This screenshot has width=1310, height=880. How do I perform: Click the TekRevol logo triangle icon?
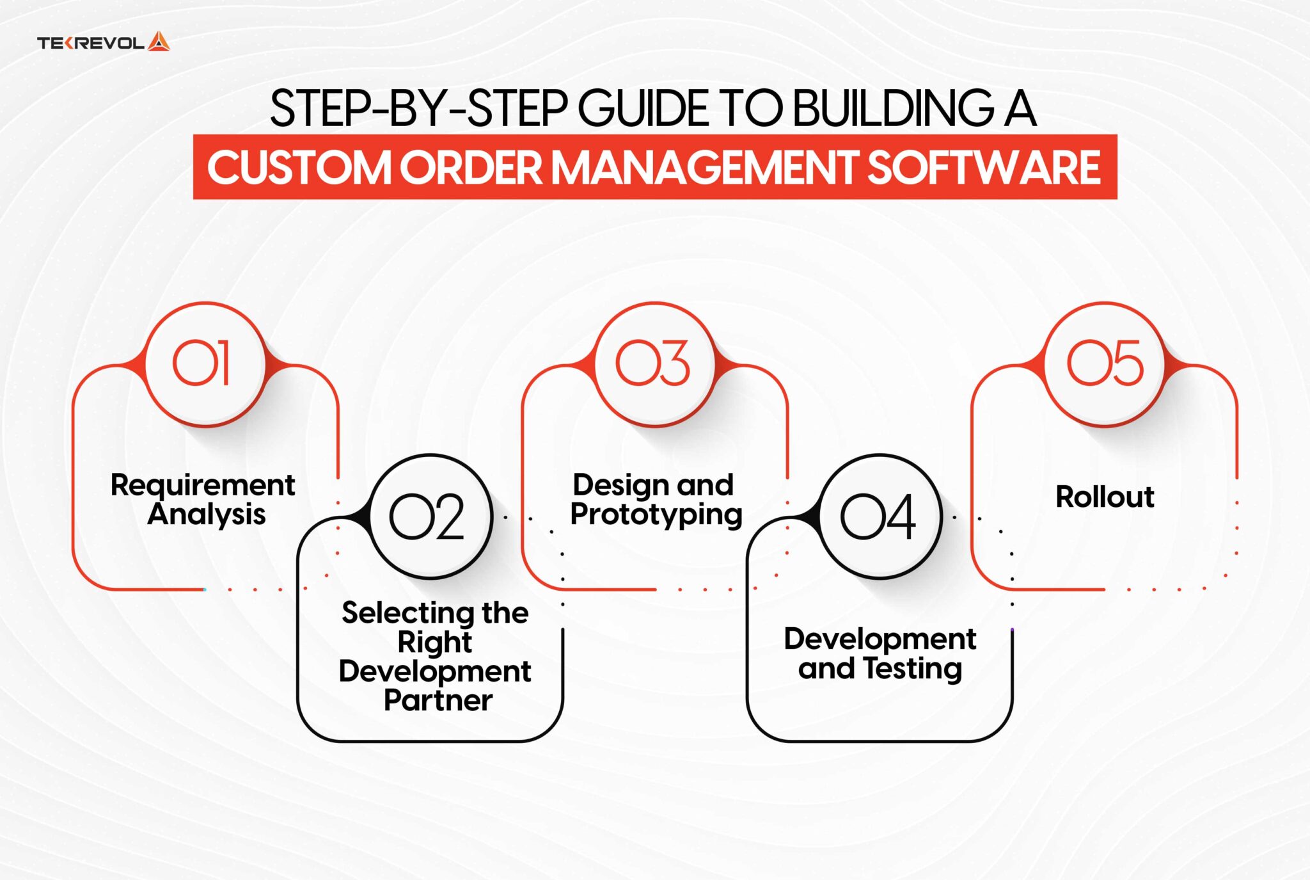[159, 42]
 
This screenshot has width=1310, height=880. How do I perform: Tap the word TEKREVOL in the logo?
[90, 44]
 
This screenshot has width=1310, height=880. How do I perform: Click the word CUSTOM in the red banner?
[298, 168]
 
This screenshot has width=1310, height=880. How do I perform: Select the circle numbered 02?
[430, 516]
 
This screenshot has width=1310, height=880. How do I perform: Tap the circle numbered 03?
[654, 364]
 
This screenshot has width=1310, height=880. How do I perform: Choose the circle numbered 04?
[880, 516]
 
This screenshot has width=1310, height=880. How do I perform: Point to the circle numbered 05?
[1105, 364]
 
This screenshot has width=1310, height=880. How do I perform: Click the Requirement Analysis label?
[203, 499]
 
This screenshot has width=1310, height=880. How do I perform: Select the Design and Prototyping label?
[655, 499]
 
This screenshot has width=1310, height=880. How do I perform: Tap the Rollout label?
[1105, 497]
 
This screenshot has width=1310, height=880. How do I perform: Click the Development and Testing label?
[880, 653]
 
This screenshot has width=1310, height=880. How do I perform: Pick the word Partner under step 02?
[438, 700]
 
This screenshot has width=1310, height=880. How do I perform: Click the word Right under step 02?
[435, 642]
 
